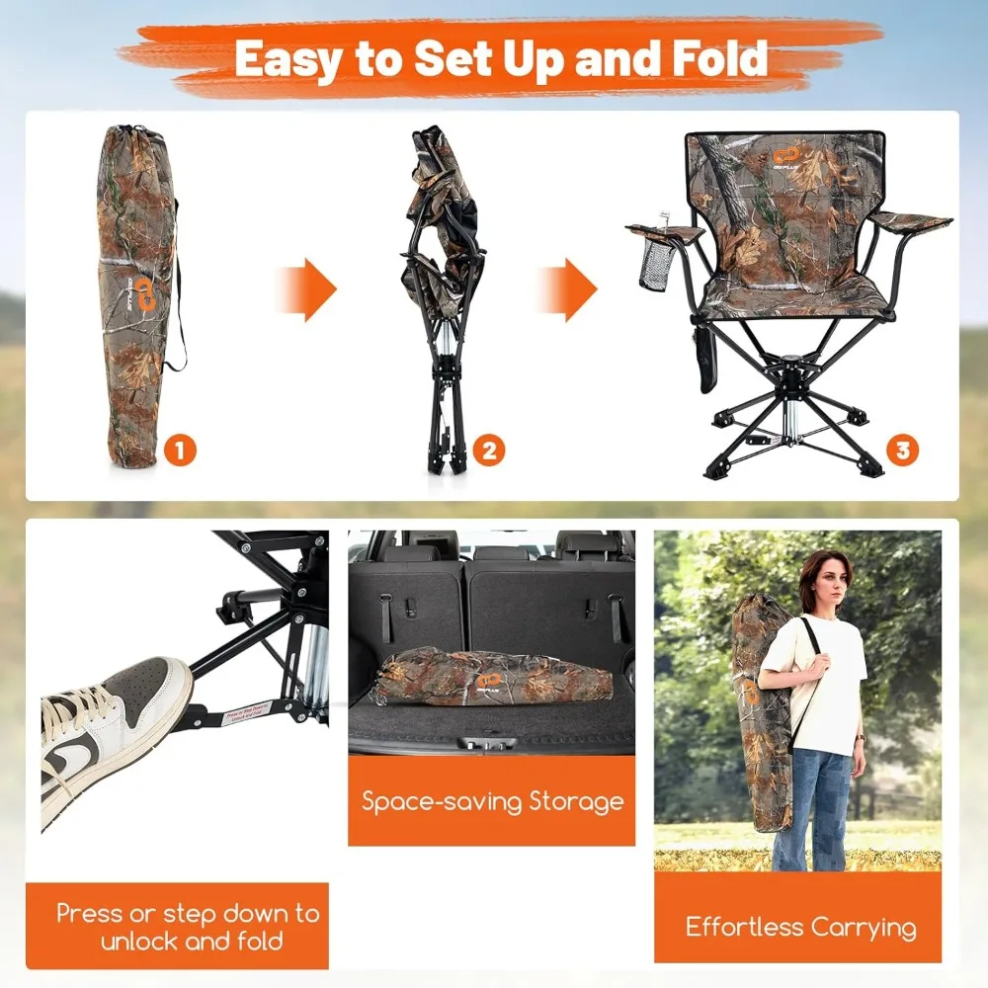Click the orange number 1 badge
click(180, 451)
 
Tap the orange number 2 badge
click(490, 452)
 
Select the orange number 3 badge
click(901, 452)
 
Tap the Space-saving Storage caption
click(492, 800)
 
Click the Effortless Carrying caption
click(800, 927)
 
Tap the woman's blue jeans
click(812, 805)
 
